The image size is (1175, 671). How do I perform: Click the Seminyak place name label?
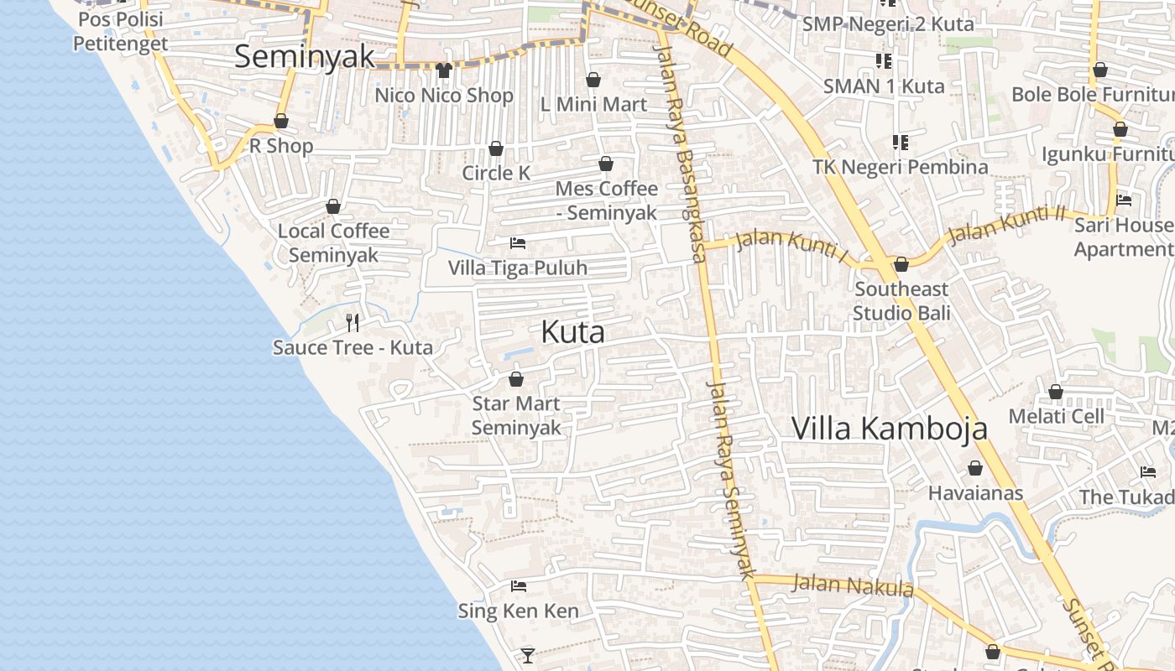[x=305, y=56]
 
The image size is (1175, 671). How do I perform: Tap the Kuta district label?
[x=573, y=332]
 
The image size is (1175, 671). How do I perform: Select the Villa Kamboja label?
[x=890, y=428]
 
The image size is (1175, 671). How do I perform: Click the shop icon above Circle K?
[x=496, y=149]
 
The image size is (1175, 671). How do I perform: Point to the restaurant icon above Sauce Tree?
[x=353, y=322]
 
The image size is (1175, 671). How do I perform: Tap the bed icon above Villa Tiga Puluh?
[x=518, y=243]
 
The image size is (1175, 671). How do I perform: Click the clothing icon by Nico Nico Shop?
[x=444, y=70]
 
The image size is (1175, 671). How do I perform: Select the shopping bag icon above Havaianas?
[x=975, y=468]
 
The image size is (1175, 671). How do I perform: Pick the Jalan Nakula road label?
[x=853, y=585]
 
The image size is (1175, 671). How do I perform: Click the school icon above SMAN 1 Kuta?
[x=883, y=60]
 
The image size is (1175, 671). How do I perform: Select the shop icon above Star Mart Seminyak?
[x=516, y=379]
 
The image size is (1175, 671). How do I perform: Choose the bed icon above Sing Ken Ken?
[x=519, y=585]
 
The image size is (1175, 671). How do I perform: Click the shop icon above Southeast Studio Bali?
[x=901, y=265]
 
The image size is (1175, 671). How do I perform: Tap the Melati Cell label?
[x=1056, y=416]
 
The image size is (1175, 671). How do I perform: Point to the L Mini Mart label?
[x=593, y=104]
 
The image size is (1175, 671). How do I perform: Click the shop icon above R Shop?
[x=281, y=122]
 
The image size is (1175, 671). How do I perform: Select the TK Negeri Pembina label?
[x=901, y=166]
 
